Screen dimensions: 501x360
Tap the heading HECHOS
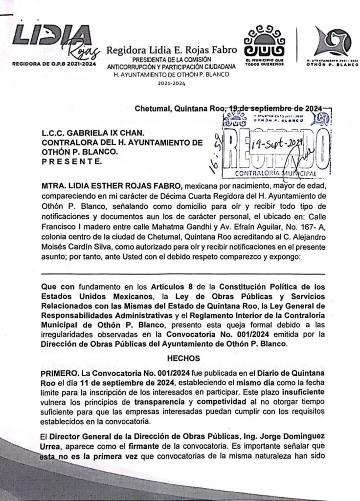tap(181, 358)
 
